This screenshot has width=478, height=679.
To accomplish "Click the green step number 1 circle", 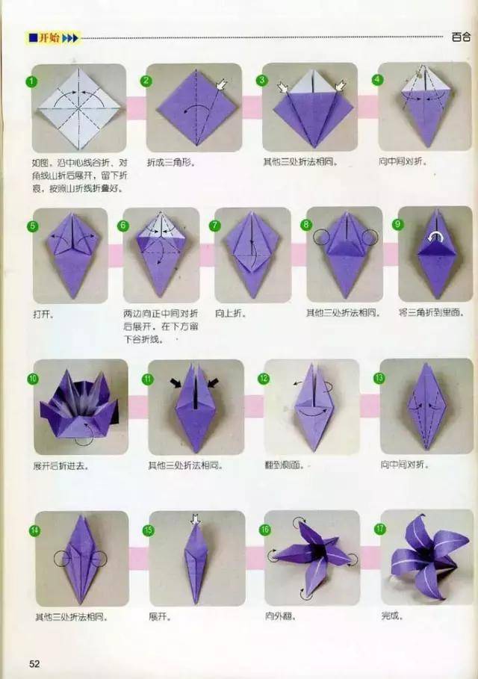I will pyautogui.click(x=32, y=81).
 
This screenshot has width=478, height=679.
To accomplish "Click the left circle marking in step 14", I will pyautogui.click(x=62, y=559).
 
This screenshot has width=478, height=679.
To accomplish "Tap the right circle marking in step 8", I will pyautogui.click(x=368, y=238).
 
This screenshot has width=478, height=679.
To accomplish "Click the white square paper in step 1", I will pyautogui.click(x=78, y=108).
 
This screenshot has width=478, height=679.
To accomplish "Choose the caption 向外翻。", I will pyautogui.click(x=279, y=616).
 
